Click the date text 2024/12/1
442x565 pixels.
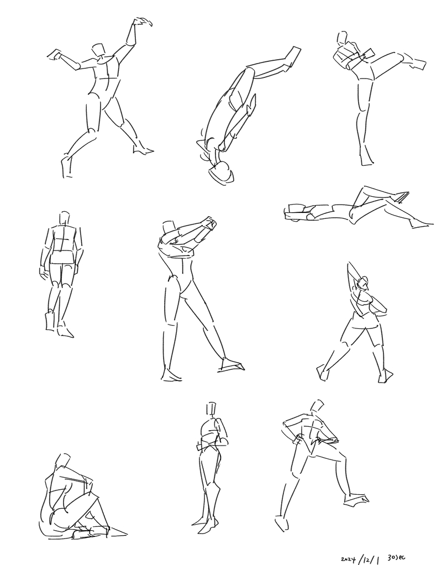(360, 558)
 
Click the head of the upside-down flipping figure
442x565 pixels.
(221, 172)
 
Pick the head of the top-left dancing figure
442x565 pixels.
(99, 50)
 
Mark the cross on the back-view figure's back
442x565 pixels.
(62, 239)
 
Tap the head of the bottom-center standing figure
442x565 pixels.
(212, 409)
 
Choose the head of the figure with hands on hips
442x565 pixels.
(317, 406)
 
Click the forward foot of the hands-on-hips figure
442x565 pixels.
(356, 499)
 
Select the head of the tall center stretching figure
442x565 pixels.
(168, 228)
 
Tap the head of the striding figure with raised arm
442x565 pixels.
(364, 283)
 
